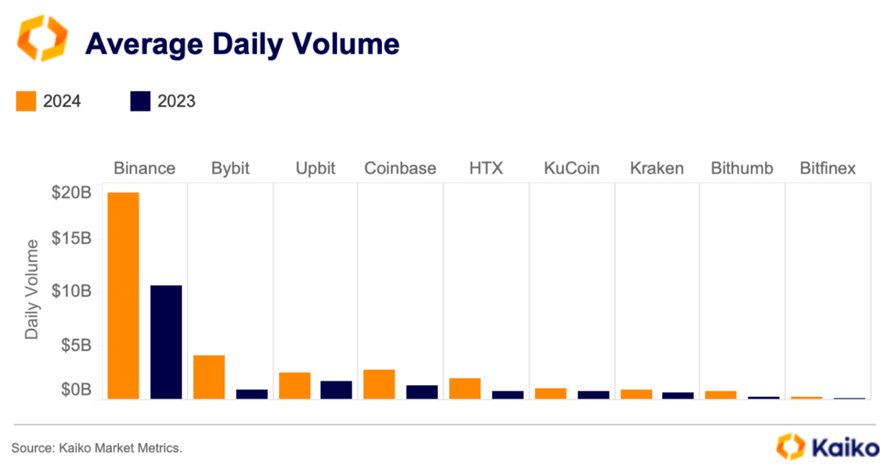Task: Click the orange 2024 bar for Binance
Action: click(123, 295)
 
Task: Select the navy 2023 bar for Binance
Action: click(166, 341)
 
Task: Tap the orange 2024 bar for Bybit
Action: click(209, 376)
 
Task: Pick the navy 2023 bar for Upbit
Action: click(336, 389)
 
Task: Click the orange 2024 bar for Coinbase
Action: click(379, 383)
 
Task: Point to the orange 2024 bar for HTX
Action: click(465, 388)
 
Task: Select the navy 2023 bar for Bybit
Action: click(252, 393)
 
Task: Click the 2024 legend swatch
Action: click(26, 101)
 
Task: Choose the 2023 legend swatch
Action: click(140, 101)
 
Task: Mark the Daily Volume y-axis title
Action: click(32, 289)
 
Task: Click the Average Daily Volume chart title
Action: click(242, 45)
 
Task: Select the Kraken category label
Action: click(656, 169)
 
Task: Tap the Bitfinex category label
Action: click(827, 169)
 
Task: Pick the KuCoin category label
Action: click(571, 169)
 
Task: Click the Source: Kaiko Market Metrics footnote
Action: click(97, 449)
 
